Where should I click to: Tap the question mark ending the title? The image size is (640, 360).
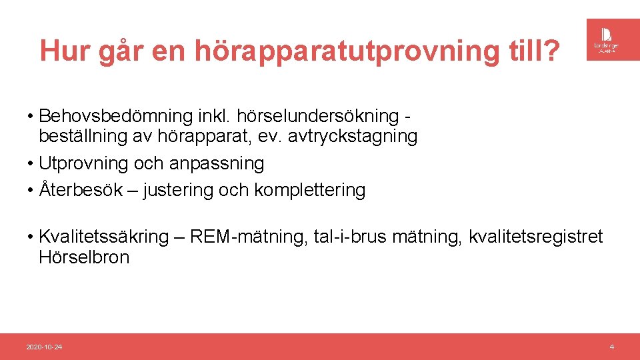tap(551, 51)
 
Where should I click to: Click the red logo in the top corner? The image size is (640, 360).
tap(607, 39)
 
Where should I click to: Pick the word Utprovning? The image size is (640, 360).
tap(84, 163)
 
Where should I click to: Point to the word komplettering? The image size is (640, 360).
tap(310, 190)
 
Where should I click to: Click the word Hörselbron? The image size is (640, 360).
tap(84, 257)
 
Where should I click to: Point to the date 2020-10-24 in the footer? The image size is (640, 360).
tap(44, 347)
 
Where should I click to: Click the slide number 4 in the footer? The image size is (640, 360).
tap(611, 347)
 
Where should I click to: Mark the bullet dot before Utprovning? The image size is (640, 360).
tap(31, 164)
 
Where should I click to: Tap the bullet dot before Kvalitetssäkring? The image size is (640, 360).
tap(31, 237)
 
